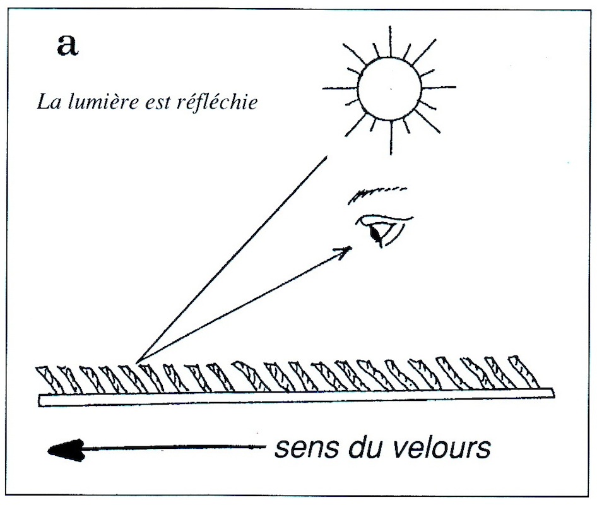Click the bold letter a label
pos(68,45)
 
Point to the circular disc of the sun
pos(390,89)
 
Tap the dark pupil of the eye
pos(376,233)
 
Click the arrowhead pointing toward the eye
pos(343,252)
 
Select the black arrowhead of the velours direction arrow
pos(66,450)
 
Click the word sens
pos(301,448)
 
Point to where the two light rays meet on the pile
pos(138,362)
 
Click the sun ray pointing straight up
pos(389,41)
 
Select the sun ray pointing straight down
pos(391,138)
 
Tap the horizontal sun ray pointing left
pos(340,89)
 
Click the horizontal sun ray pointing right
pos(439,88)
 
